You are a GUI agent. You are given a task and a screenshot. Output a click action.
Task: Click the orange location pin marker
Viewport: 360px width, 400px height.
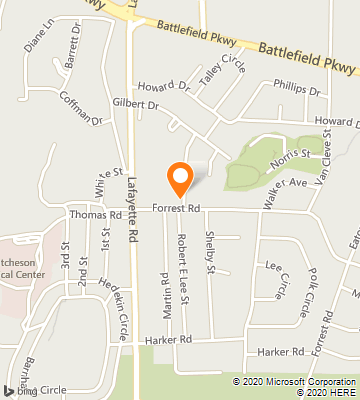pyautogui.click(x=180, y=178)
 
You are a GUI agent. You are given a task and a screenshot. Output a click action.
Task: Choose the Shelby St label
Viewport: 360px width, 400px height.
pyautogui.click(x=211, y=256)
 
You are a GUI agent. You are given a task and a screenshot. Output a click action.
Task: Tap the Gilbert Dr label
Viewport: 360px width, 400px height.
pyautogui.click(x=136, y=103)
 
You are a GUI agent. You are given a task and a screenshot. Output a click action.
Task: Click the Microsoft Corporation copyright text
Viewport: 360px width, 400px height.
pyautogui.click(x=296, y=381)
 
